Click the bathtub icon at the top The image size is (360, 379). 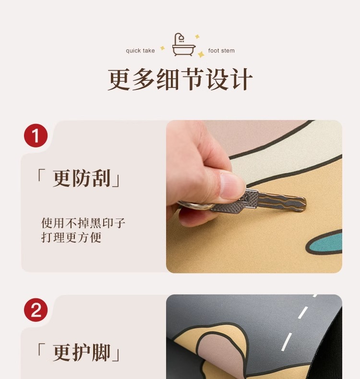point(183,45)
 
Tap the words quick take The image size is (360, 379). point(140,51)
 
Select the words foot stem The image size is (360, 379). point(221,51)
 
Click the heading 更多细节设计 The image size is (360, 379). point(180,79)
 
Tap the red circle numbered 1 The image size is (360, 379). point(36,135)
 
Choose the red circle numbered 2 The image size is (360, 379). point(36,310)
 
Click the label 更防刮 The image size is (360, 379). point(82,178)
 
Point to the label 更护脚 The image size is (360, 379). point(82,352)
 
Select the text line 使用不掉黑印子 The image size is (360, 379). point(83,222)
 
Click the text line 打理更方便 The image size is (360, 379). point(71,237)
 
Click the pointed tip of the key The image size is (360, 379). point(305,201)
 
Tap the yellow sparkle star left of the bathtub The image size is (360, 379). point(163,48)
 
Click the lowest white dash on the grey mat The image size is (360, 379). point(287,342)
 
